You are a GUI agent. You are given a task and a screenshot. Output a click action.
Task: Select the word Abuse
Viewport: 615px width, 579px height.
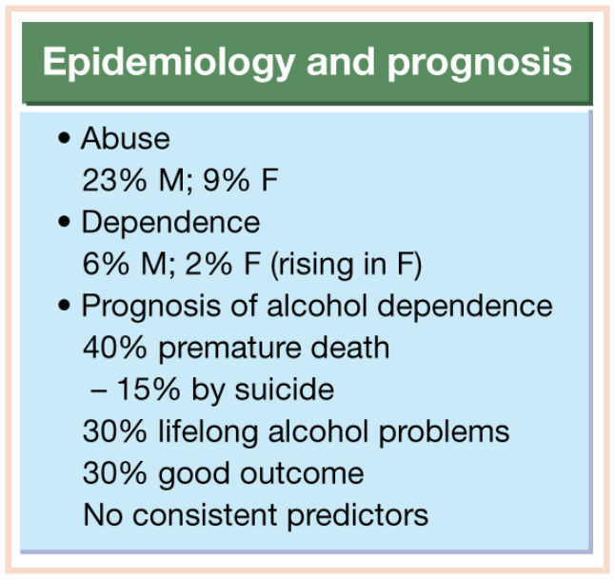(x=126, y=138)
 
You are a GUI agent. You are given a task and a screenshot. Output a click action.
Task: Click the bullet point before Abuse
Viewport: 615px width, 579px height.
(x=64, y=139)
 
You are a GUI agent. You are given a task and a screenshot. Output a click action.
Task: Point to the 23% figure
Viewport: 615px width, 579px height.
(x=114, y=181)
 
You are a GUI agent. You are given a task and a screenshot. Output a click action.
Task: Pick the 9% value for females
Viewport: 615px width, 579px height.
(x=226, y=181)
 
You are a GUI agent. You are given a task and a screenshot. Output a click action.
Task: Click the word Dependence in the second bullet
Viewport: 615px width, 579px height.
(x=170, y=223)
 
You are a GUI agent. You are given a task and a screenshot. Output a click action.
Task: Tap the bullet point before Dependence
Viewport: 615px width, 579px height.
(x=64, y=223)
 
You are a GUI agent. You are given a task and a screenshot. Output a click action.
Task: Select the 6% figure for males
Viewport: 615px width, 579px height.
(x=106, y=264)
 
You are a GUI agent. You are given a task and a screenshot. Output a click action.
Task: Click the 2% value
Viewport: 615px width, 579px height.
(x=208, y=264)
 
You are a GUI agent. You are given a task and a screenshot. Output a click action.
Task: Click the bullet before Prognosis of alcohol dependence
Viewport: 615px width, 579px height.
(x=64, y=305)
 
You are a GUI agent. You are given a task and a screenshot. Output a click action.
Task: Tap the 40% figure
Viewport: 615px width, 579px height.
(x=114, y=348)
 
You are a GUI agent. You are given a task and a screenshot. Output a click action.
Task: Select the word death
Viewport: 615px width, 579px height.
(x=349, y=348)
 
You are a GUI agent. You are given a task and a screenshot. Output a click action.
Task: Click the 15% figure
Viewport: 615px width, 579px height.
(x=149, y=389)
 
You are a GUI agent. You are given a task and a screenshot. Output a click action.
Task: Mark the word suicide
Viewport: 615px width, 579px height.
(x=285, y=389)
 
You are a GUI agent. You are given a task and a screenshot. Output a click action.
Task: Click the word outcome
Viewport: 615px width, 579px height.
(x=302, y=474)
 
